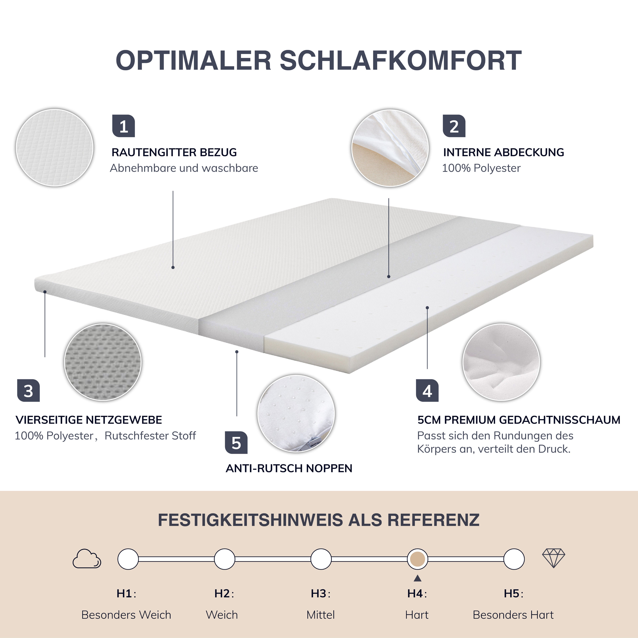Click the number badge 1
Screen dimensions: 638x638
point(123,126)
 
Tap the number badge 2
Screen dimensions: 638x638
point(454,126)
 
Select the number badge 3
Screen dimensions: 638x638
point(28,391)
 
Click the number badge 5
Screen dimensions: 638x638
point(236,442)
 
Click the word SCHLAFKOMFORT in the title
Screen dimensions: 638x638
point(401,61)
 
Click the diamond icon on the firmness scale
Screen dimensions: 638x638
point(554,558)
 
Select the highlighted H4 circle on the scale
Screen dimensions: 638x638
point(417,559)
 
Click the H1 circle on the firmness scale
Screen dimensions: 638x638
point(128,559)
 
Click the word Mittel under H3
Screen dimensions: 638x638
point(320,615)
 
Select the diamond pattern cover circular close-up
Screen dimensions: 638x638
point(54,148)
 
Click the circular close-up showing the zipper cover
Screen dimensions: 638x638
point(390,148)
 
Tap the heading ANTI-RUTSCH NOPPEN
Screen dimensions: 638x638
point(289,468)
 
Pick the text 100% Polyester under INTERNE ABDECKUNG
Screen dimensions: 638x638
point(481,168)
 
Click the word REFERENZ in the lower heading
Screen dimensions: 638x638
point(433,520)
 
